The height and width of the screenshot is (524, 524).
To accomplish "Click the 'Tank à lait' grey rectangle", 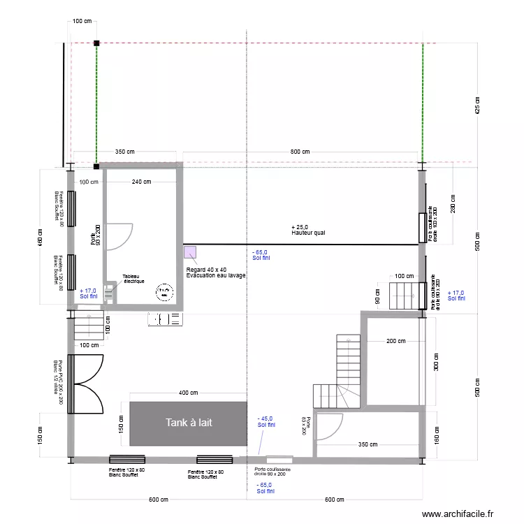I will point(188,423).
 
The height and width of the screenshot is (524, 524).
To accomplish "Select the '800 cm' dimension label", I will point(300,152).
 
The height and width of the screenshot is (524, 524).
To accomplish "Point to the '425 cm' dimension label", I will point(478,105).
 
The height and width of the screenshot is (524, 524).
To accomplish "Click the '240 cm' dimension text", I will point(142,182).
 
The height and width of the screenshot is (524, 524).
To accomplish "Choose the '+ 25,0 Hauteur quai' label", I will point(308,231).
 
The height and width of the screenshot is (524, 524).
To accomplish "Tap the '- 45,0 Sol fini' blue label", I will point(266,421).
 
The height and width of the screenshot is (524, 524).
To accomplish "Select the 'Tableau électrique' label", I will point(133,278).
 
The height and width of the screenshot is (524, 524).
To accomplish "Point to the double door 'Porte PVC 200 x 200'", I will point(87,383).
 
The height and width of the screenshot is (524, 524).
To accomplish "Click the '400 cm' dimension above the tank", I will point(188,393).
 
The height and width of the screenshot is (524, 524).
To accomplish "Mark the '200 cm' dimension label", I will point(396,341).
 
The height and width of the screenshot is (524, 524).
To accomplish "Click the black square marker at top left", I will point(96,43).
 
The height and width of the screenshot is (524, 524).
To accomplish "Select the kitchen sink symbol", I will point(166,319).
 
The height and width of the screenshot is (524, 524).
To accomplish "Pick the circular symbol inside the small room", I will point(165,292).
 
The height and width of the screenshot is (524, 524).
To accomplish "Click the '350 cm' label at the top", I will point(125,152).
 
